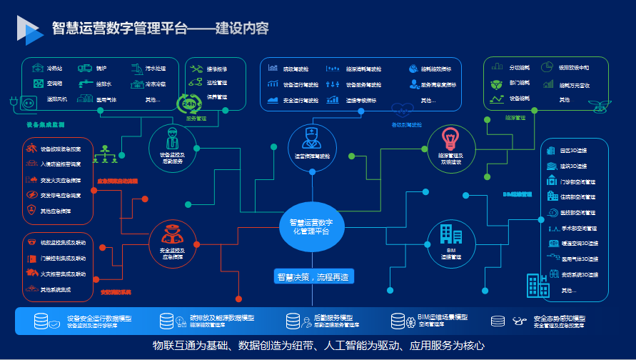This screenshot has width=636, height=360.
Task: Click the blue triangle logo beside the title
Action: point(29,29)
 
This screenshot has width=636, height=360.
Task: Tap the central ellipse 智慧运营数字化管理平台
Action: point(312,226)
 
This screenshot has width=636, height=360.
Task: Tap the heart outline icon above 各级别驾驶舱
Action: point(403,110)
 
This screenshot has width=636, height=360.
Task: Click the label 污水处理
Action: point(156,69)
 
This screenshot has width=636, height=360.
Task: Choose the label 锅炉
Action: point(101,69)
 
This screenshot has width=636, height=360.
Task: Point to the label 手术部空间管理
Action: point(579,229)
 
